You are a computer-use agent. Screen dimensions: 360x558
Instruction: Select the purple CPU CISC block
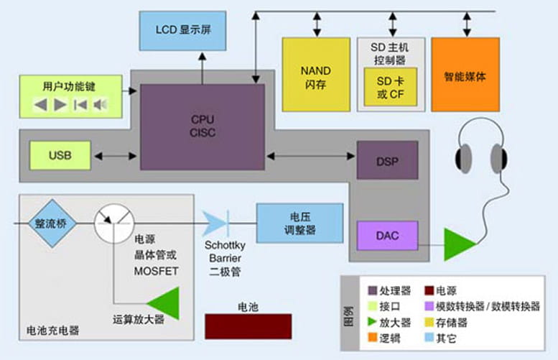[202, 126]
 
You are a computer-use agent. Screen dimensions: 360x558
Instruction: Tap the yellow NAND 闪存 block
[315, 75]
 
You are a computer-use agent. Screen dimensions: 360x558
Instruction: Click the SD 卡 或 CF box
[391, 87]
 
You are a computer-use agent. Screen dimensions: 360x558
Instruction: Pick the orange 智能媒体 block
[465, 75]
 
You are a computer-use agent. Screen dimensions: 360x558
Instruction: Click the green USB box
[60, 155]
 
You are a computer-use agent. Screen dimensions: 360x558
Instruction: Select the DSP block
[387, 160]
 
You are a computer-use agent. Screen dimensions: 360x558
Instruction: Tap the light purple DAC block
[387, 236]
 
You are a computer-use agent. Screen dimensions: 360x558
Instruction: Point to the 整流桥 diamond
[49, 223]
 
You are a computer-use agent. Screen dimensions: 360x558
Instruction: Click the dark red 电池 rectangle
[248, 326]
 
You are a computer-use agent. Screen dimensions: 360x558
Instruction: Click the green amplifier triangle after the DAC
[459, 244]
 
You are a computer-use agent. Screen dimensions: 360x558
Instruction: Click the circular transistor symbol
[113, 223]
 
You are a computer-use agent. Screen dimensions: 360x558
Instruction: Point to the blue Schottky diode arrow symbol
[214, 223]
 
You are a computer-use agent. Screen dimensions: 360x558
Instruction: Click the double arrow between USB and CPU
[116, 155]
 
